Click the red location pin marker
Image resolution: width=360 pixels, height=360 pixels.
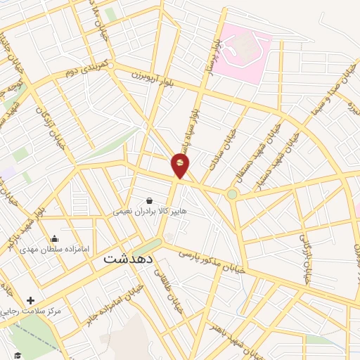coord(181,165)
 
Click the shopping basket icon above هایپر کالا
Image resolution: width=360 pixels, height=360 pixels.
coord(148,200)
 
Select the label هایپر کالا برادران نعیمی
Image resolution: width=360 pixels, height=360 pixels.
coord(146,210)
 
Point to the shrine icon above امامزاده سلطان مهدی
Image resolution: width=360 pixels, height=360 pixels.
coord(55,239)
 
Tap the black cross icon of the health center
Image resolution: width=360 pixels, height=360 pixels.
coord(30,300)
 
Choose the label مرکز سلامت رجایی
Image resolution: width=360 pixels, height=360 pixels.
coord(31,310)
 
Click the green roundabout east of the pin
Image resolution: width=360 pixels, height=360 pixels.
coord(232,193)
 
